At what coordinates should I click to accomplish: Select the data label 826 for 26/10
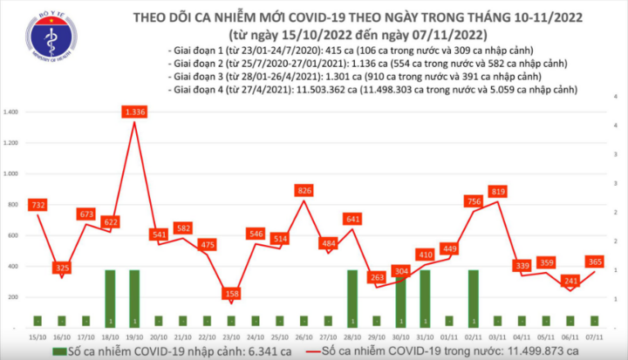304,190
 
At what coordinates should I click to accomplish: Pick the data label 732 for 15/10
37,204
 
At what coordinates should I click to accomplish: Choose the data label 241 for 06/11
571,282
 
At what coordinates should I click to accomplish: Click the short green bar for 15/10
37,321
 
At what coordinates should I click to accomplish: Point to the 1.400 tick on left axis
12,113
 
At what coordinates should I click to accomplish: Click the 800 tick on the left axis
15,205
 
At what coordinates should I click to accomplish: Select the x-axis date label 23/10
231,335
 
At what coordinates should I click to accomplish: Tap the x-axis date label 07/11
595,335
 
